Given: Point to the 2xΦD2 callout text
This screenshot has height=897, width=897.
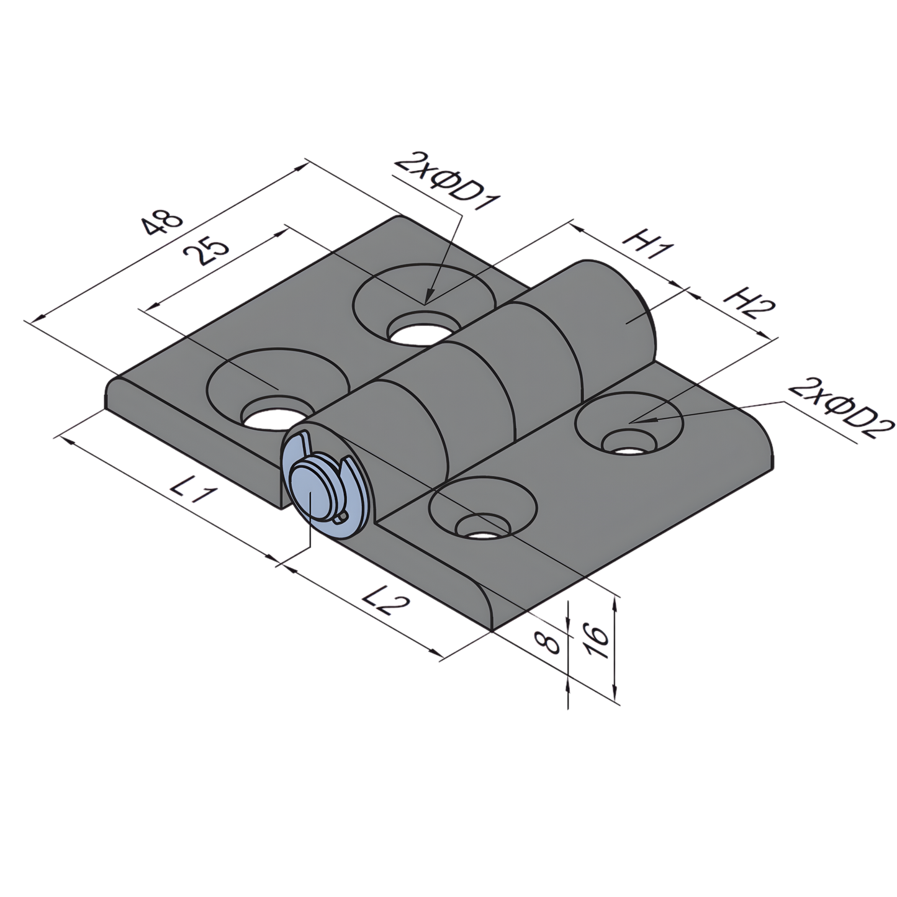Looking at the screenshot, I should point(841,408).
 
